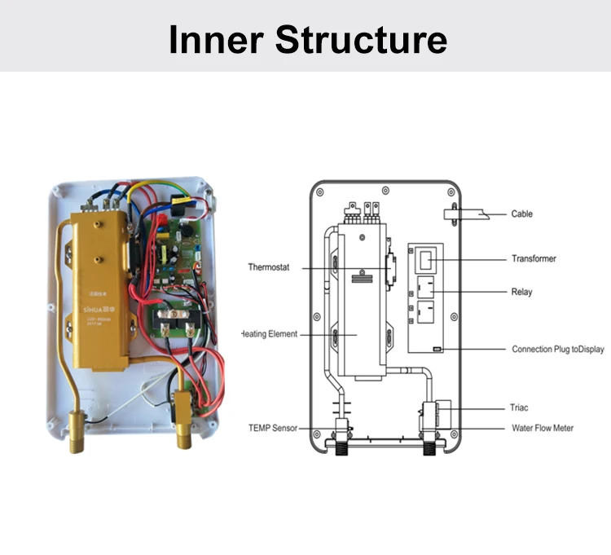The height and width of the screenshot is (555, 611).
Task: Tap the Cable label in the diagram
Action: (x=522, y=214)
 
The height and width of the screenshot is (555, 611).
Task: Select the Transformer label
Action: (x=534, y=259)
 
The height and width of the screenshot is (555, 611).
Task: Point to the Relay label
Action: (x=521, y=292)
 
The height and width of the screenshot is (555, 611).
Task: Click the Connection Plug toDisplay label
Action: (x=557, y=350)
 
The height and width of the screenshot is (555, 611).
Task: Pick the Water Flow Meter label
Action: (x=542, y=427)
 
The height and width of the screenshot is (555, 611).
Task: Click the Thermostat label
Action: (x=270, y=267)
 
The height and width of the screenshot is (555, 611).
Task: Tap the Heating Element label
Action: (x=270, y=334)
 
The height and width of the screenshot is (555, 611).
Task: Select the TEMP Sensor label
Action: (x=272, y=428)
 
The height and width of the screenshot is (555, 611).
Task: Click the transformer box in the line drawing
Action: (x=429, y=260)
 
